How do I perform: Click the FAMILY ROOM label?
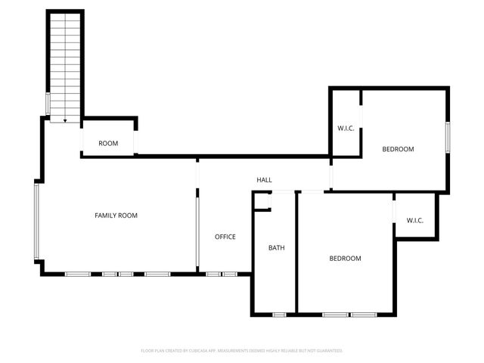coord(116,216)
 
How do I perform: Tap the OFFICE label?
coord(225,237)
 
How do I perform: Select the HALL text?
coord(264,180)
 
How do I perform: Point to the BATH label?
coord(276,248)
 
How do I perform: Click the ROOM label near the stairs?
coord(108,144)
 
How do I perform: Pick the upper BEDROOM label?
coord(398,149)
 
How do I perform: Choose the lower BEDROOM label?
coord(345,259)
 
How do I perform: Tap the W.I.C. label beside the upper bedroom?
coord(346,128)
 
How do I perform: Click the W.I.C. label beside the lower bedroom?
coord(415,221)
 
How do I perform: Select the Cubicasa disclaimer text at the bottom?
coord(242,351)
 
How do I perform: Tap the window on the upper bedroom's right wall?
coord(448,137)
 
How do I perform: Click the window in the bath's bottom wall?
coord(280,314)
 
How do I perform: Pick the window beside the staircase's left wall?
coord(48,103)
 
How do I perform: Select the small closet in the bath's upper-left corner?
coord(262,202)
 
